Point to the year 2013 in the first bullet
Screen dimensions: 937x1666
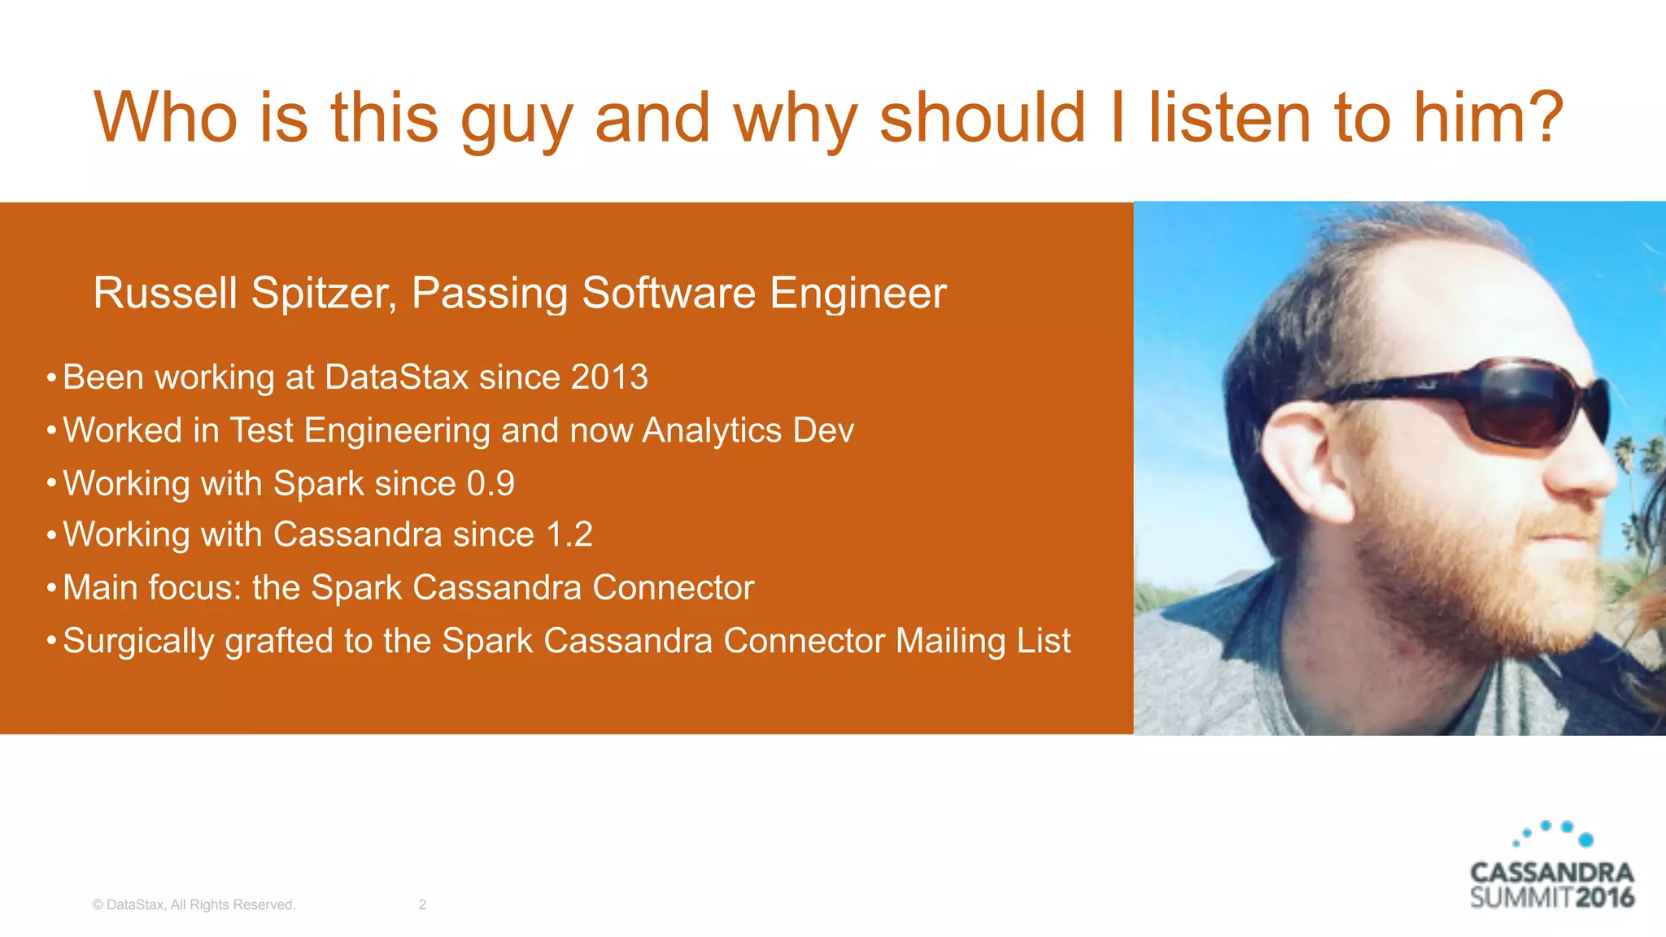609,377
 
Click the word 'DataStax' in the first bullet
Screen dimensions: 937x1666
396,377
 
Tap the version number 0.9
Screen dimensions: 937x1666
491,483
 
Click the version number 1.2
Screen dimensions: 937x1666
569,534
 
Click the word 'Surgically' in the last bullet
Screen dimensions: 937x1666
138,641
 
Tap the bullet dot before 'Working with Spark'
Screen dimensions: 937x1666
51,483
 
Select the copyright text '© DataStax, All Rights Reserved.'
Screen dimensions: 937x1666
194,904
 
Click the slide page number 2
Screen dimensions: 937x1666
422,904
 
